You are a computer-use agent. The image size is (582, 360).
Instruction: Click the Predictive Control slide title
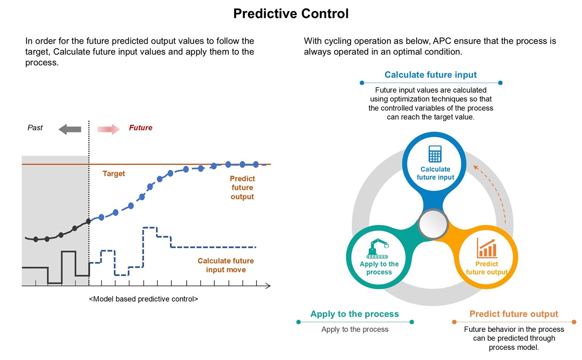291,14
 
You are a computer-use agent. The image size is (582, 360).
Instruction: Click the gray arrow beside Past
70,129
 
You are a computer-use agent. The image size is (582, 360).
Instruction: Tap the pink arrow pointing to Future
109,129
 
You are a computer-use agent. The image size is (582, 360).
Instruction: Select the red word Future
141,128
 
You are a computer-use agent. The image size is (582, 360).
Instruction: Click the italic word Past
35,128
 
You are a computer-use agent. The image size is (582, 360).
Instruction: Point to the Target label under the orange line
113,173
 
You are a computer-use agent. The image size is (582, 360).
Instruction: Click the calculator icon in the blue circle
435,154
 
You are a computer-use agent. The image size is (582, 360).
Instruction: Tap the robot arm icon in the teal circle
377,248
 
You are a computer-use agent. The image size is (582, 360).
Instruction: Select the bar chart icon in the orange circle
486,248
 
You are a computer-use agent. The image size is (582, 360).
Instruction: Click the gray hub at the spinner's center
433,224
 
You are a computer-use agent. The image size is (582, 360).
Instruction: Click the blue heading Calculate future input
431,75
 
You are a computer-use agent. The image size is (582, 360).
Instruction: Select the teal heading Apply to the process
355,314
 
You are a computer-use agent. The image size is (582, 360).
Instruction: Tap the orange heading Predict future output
514,314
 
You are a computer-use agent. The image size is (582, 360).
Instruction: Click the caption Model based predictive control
144,299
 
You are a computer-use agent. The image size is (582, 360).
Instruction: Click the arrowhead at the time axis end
268,286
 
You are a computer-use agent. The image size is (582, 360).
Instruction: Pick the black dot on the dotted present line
89,221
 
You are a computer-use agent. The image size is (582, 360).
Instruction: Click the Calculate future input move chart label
226,265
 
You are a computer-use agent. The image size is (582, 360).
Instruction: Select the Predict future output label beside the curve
242,187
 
